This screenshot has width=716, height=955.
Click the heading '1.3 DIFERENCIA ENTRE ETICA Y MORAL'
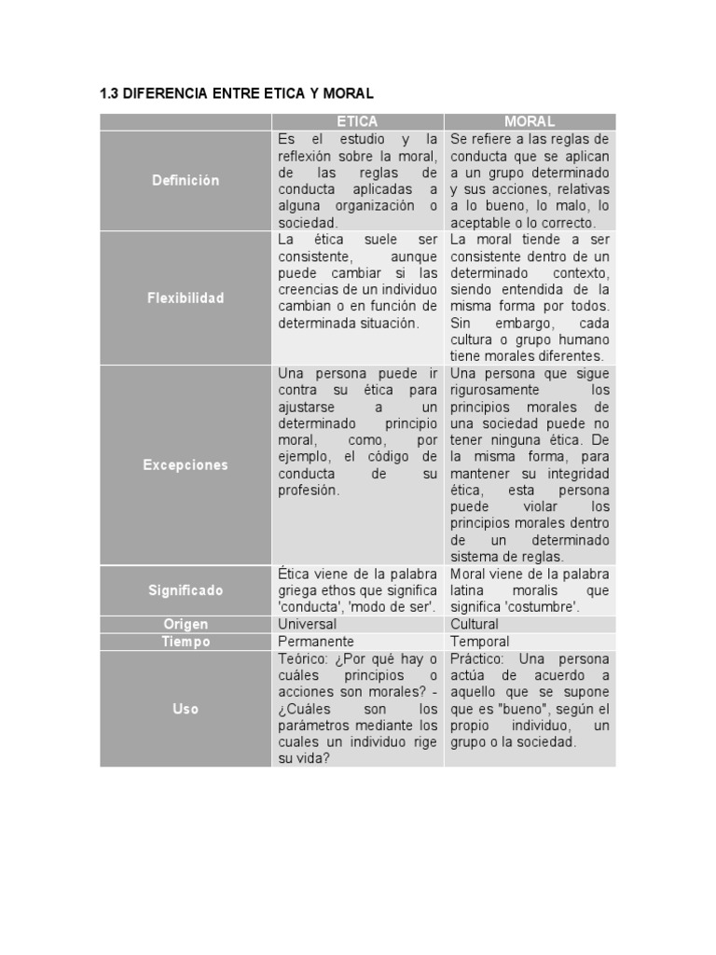click(236, 93)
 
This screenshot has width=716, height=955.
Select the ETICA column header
click(357, 121)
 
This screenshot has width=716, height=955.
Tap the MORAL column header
click(529, 121)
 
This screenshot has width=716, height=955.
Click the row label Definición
click(186, 180)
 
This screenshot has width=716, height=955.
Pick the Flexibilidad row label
click(186, 298)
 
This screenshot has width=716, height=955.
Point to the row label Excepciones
click(186, 464)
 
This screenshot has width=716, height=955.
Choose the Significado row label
click(186, 590)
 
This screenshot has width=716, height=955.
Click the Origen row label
click(186, 624)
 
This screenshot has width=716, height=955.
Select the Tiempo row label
click(186, 642)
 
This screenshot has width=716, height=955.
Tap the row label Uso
click(186, 709)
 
